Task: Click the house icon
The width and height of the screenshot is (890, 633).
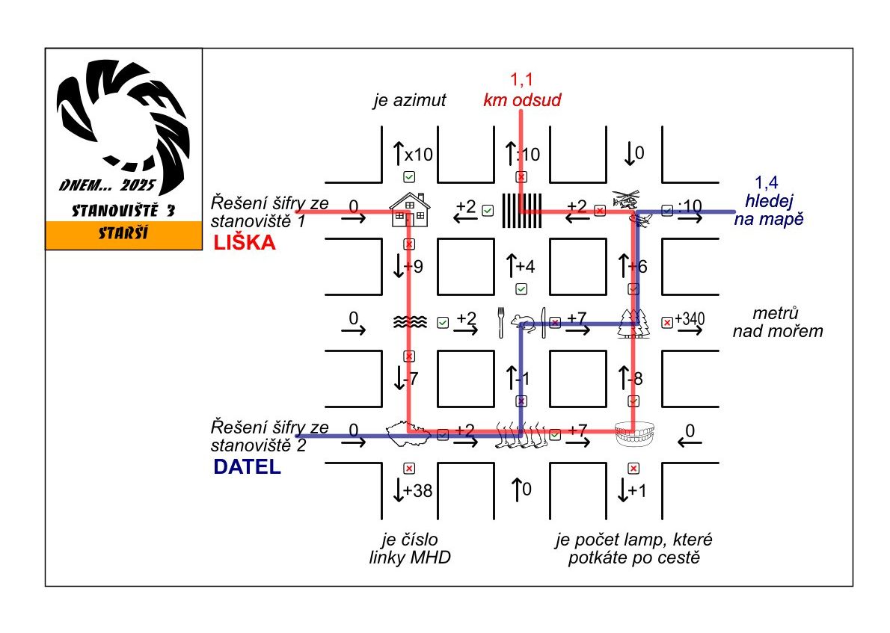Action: (409, 209)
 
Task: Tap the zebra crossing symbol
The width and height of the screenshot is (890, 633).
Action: (521, 210)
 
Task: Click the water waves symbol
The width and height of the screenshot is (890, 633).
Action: (410, 322)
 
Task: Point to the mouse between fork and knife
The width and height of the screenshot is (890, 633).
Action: (522, 323)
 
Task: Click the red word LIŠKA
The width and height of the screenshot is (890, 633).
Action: (245, 243)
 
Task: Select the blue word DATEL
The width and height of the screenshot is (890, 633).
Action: (247, 468)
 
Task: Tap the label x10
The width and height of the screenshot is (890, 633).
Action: (418, 155)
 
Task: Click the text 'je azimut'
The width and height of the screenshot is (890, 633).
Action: (410, 100)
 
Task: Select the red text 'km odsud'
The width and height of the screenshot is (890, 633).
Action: (522, 99)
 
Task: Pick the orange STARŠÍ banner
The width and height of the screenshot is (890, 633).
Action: (124, 235)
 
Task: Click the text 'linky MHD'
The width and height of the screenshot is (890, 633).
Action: (410, 558)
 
